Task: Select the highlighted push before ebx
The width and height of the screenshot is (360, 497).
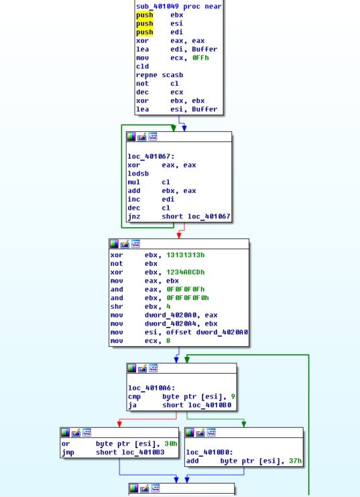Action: [x=145, y=15]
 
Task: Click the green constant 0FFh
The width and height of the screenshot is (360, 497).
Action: [x=200, y=58]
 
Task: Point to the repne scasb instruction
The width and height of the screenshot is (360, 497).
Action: [x=160, y=75]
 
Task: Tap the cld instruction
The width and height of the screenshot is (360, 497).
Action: [x=142, y=66]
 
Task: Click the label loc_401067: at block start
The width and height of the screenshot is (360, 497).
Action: [x=151, y=156]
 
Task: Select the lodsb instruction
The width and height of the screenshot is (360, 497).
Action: [x=138, y=173]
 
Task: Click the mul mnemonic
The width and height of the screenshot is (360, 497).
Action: [x=133, y=182]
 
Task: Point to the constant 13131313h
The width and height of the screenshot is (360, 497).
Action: [x=186, y=255]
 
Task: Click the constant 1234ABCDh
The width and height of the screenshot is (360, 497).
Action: [x=186, y=272]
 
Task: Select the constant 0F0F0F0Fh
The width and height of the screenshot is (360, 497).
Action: [x=186, y=289]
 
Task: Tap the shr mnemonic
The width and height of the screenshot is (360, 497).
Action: [x=117, y=306]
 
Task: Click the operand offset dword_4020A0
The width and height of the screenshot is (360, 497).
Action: [x=207, y=332]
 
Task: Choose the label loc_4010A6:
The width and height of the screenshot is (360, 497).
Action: [x=152, y=388]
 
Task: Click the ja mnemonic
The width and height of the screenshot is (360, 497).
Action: [x=132, y=405]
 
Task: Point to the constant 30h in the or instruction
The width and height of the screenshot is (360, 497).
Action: [x=171, y=443]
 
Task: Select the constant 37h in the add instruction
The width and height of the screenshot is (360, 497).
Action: [x=295, y=461]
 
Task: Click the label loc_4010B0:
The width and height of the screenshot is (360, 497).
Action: [x=209, y=452]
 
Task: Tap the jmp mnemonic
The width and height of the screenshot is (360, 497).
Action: [x=68, y=452]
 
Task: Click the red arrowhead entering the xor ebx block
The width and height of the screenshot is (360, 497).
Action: [x=179, y=236]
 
